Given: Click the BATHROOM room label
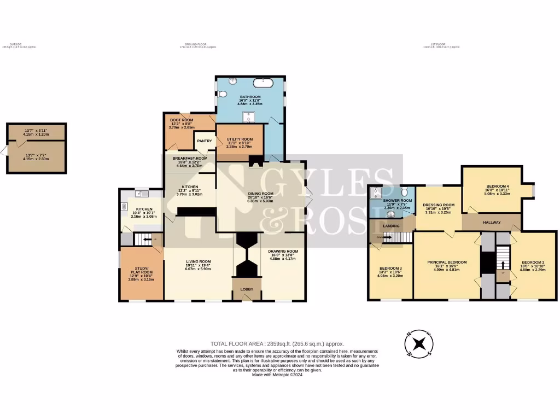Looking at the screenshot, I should coord(250,97).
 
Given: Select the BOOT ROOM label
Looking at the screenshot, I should coord(181,120).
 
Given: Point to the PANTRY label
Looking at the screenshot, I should coord(204,141).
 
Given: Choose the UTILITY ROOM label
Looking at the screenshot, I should coord(239,140).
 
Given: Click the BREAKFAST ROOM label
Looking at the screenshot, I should coord(190,159).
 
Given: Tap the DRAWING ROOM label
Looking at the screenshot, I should coord(282,252).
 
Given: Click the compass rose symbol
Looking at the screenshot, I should coord(418,344).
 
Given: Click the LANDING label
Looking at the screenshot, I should coord(391,225).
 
